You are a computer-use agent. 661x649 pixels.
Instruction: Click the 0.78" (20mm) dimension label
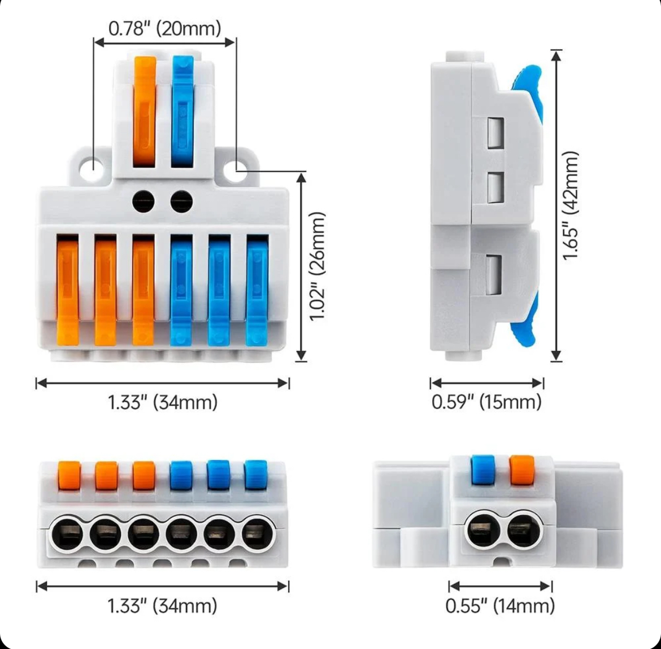(x=164, y=28)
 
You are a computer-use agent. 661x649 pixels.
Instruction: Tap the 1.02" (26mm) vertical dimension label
(x=319, y=266)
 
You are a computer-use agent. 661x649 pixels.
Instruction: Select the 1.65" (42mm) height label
(x=572, y=205)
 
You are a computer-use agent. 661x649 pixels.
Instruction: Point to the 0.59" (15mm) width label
(x=486, y=402)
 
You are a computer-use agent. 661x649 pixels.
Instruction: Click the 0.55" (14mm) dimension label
(x=500, y=606)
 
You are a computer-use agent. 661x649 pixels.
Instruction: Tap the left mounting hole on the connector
(x=90, y=166)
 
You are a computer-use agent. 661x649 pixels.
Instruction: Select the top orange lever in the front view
(x=145, y=111)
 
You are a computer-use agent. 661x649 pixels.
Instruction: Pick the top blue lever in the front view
(x=182, y=111)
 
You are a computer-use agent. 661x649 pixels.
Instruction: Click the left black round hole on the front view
(x=143, y=201)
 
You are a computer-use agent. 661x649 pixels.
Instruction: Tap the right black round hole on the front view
(x=181, y=201)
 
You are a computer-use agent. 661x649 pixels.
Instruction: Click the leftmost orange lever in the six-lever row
(x=67, y=289)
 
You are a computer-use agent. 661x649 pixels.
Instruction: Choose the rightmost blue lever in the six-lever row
(x=257, y=289)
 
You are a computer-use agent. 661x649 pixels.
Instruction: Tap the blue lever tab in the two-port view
(x=482, y=470)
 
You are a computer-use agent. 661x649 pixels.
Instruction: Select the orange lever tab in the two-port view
(x=521, y=470)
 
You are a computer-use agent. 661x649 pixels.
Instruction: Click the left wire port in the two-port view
(x=480, y=529)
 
